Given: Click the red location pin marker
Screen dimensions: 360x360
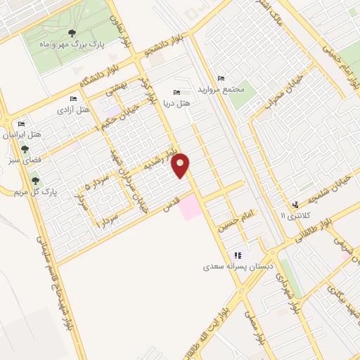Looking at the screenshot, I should [181, 165].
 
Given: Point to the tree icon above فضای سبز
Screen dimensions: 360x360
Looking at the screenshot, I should [25, 150].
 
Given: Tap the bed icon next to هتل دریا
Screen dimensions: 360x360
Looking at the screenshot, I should [176, 92].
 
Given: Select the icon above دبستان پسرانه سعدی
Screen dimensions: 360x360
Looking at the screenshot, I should [238, 255].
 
